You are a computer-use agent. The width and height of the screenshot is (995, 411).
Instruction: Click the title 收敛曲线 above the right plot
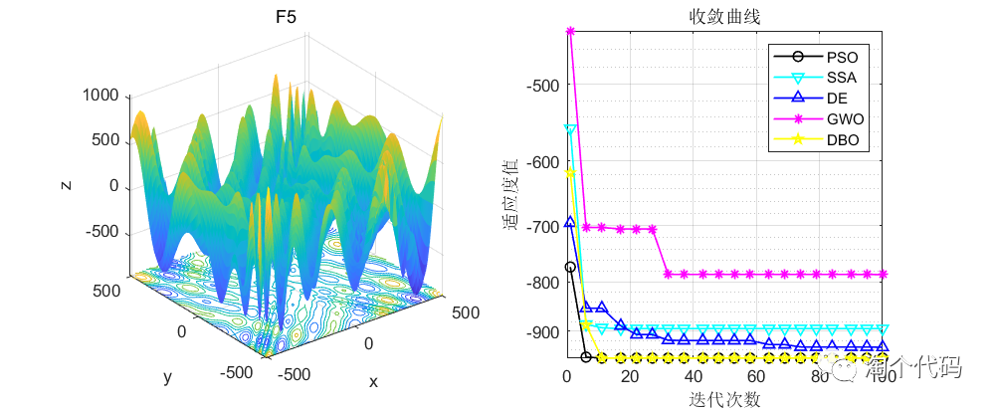point(725,16)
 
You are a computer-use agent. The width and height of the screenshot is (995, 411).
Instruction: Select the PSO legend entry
point(842,56)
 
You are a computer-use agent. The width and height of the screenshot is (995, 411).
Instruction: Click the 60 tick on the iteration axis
point(756,377)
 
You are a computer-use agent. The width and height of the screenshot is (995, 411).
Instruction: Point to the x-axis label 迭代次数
point(725,399)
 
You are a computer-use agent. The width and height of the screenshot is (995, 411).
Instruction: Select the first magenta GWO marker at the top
point(570,31)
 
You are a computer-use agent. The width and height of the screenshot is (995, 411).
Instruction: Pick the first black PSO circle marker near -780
point(570,267)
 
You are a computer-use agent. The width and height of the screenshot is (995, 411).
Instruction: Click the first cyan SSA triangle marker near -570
point(570,129)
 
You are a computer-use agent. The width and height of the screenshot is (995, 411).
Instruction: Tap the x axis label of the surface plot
point(373,381)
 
